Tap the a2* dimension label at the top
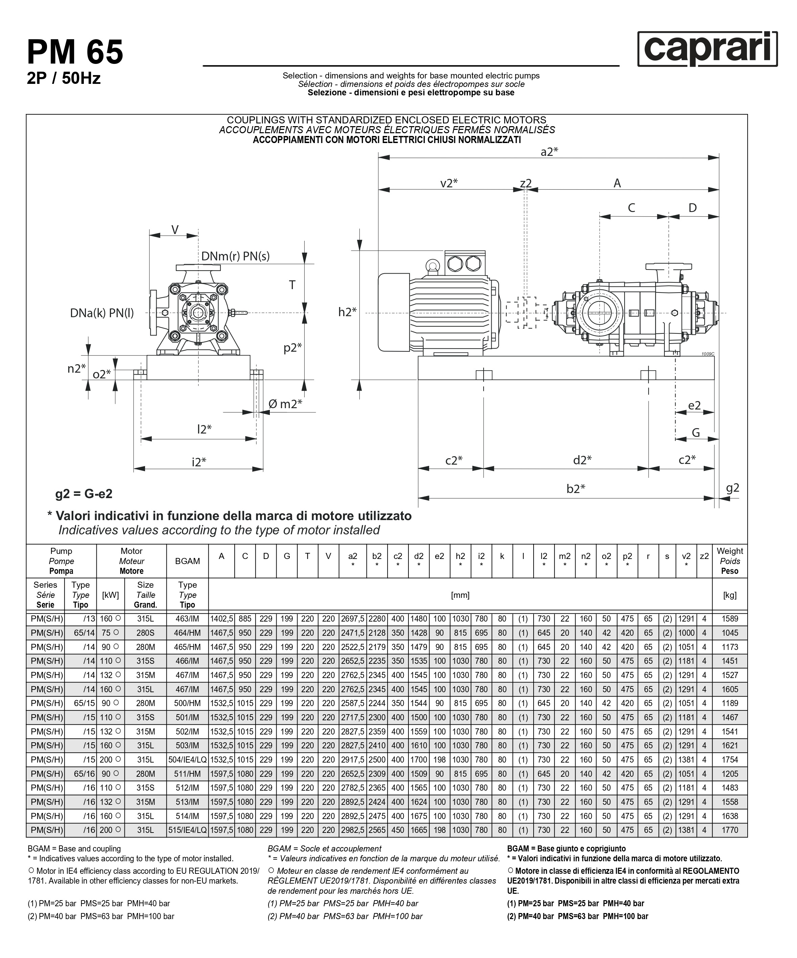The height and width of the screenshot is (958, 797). pos(549,152)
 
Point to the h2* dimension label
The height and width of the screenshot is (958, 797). pos(347,312)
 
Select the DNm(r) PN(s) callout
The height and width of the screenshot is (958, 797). pos(235,256)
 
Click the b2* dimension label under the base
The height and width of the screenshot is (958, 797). pos(576,489)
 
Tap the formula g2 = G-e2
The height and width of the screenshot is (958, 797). pos(84,494)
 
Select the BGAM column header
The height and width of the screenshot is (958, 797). pos(188,561)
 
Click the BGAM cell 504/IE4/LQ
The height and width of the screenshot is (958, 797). pos(188,760)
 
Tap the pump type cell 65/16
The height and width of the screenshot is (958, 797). pos(84,774)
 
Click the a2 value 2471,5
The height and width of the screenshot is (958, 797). pos(353,633)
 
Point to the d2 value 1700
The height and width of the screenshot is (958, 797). pos(419,760)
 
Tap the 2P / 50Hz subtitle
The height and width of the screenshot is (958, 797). pos(64,78)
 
